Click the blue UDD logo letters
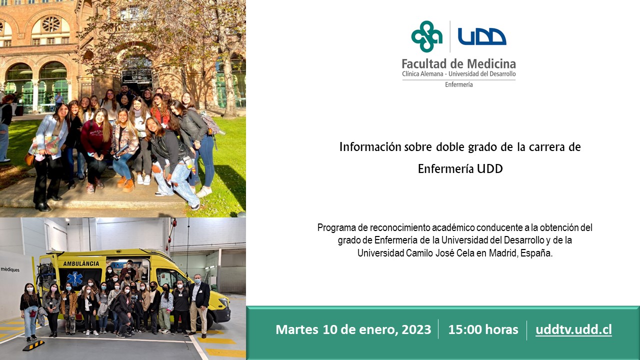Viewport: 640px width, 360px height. [x=482, y=36]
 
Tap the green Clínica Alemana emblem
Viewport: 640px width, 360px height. [x=427, y=36]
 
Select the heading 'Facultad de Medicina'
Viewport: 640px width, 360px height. [x=458, y=63]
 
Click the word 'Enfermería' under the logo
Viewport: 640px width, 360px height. [x=459, y=84]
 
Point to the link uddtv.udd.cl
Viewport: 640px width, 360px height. [x=573, y=329]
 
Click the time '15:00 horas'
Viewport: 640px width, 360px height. [x=483, y=329]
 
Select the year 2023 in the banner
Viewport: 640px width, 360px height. [x=416, y=329]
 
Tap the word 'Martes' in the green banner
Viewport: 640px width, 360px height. [x=297, y=329]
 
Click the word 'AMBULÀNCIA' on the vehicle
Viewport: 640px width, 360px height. [x=81, y=263]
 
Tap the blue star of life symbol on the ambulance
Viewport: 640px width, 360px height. [x=75, y=278]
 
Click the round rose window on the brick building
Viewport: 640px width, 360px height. [x=51, y=24]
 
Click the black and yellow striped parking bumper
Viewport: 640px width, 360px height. [x=33, y=345]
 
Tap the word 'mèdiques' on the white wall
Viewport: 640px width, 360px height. [x=10, y=269]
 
